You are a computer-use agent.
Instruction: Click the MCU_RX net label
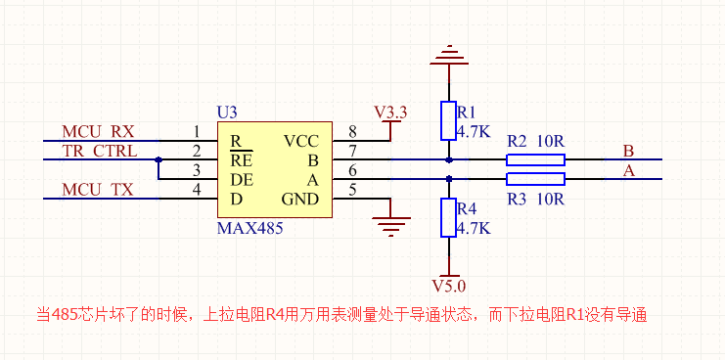(x=98, y=131)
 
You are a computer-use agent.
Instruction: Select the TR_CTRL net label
(x=100, y=151)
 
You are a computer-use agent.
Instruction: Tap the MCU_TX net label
(x=98, y=189)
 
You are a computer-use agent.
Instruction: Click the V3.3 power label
(x=391, y=111)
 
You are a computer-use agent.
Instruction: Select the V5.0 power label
(x=449, y=286)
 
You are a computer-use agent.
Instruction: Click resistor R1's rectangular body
(x=448, y=120)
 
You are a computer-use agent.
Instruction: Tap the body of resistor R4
(x=448, y=217)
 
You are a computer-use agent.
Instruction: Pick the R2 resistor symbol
(x=535, y=158)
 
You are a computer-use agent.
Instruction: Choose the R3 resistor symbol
(x=535, y=178)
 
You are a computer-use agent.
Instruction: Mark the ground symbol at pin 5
(x=391, y=226)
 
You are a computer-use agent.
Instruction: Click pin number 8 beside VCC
(x=352, y=132)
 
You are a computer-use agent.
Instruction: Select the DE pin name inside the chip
(x=242, y=179)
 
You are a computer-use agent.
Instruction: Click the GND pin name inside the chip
(x=300, y=199)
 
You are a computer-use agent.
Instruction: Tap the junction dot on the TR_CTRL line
(x=158, y=159)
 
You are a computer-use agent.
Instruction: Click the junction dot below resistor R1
(x=448, y=158)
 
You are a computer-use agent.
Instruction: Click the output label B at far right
(x=628, y=151)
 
